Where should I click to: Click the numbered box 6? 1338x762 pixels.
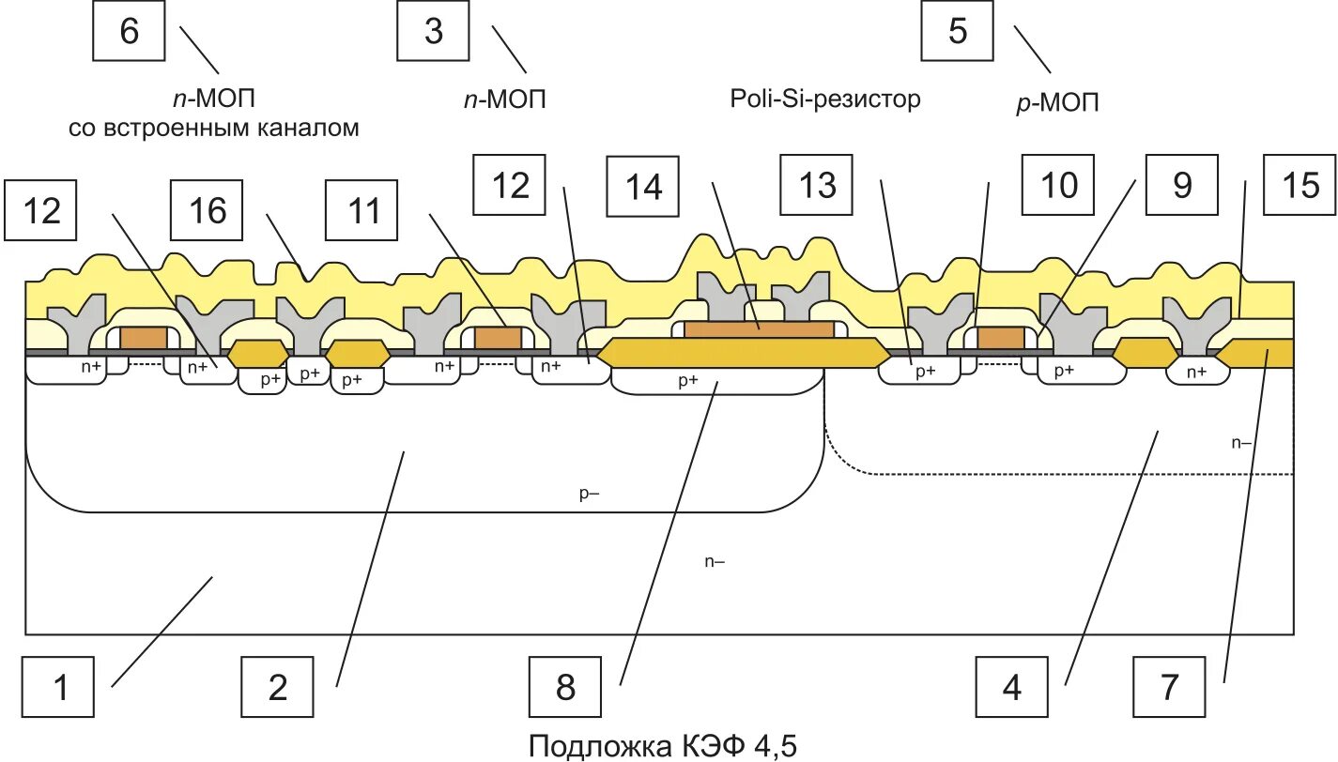[129, 32]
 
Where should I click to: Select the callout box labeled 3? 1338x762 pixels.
[433, 32]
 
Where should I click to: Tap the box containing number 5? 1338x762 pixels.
[957, 32]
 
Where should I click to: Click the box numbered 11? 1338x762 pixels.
[363, 211]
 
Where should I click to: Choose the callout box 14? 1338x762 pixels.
[645, 187]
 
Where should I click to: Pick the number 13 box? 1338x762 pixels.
[818, 187]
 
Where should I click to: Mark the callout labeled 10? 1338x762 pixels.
[1058, 187]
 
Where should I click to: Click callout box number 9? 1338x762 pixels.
[1182, 187]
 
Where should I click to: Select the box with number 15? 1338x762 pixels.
[1300, 187]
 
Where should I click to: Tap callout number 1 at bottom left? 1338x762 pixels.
[59, 690]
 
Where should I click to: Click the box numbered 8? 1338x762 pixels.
[564, 690]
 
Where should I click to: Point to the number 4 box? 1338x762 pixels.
[1011, 690]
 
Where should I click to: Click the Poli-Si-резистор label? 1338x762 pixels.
[825, 99]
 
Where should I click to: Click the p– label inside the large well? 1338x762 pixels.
[589, 495]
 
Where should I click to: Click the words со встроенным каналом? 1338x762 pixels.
[214, 128]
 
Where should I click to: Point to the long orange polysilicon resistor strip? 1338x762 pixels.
[758, 329]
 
